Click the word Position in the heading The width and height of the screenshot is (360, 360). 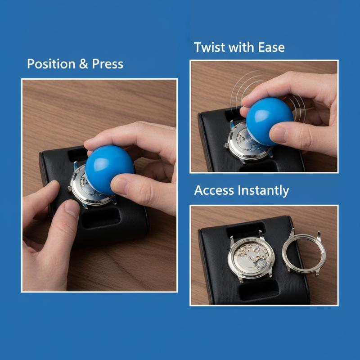point(51,64)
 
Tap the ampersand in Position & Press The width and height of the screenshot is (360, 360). point(84,64)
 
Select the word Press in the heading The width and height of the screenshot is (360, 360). point(108,64)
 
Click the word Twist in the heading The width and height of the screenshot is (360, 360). point(209,47)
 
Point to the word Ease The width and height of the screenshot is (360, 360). point(271,47)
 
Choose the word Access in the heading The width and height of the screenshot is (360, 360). point(214,190)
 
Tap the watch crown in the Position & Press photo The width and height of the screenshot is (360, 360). point(70,189)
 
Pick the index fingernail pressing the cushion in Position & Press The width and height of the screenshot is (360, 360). point(72,209)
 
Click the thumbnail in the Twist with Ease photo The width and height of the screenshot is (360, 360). point(278,134)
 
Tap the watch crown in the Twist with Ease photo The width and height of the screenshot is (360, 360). point(226,145)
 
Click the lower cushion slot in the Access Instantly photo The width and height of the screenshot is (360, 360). point(258,289)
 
